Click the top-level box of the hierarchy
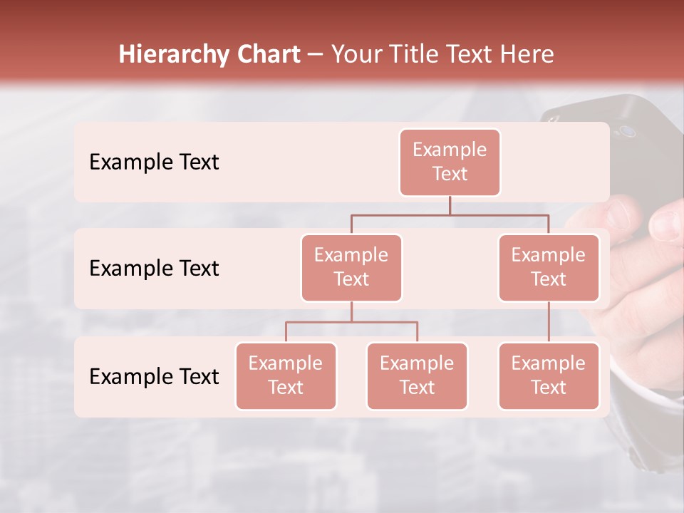[x=450, y=162]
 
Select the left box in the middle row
[x=351, y=267]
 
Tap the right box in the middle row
[x=549, y=267]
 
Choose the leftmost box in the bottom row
[x=286, y=375]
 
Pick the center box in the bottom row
[x=417, y=375]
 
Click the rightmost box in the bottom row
[x=549, y=375]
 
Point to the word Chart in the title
[x=267, y=55]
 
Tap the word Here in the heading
[x=527, y=55]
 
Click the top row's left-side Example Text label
[x=154, y=162]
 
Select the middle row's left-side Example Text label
[x=154, y=269]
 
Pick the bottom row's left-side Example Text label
[x=154, y=376]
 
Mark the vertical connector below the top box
[x=450, y=205]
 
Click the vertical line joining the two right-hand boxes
[x=549, y=322]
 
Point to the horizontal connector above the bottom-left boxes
[x=351, y=322]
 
